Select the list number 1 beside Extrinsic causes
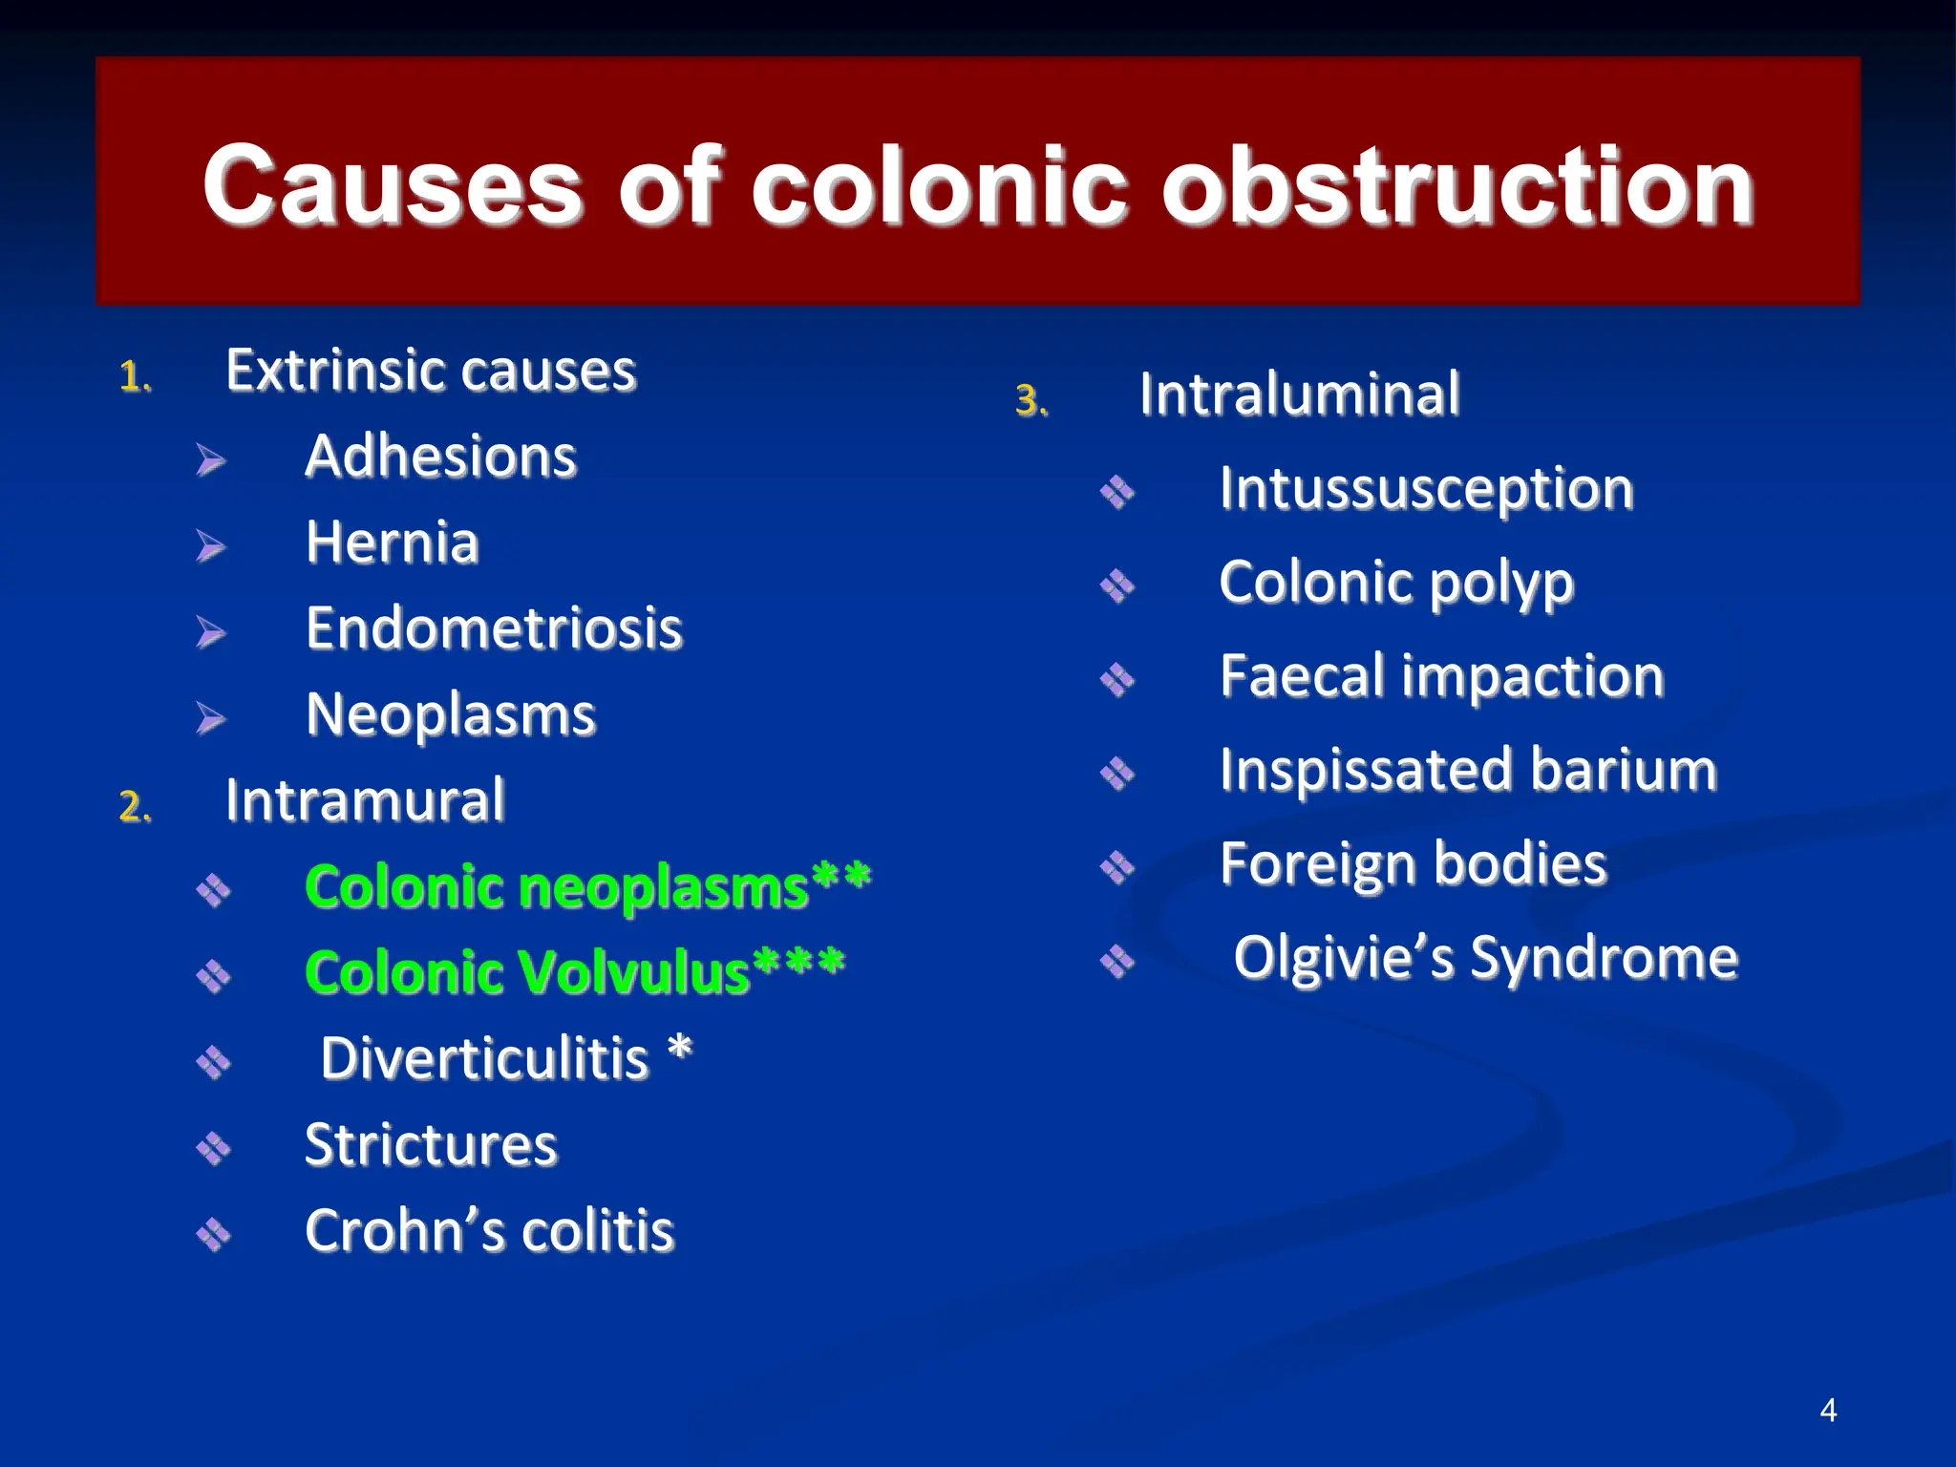135,377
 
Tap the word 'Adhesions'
440,457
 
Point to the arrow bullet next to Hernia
210,546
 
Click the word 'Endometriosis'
494,628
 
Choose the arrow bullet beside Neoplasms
210,718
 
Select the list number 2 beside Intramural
135,807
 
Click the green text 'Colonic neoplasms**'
586,887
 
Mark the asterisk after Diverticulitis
679,1050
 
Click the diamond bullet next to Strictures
213,1148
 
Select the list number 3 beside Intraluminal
1031,401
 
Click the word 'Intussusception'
1426,490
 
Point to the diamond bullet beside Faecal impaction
1116,680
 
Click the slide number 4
1828,1410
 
